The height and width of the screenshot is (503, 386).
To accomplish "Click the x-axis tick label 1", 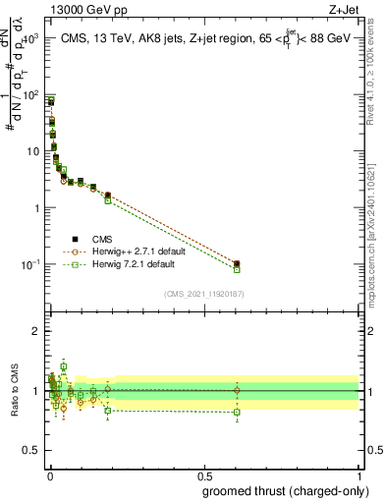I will coord(359,475).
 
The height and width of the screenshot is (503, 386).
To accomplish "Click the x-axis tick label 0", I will coord(48,475).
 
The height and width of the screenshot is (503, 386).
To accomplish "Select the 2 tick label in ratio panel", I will coord(36,331).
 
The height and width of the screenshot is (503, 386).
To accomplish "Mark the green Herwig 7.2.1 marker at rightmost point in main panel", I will coord(237,269).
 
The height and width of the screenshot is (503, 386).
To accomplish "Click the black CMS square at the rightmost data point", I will coord(237,263).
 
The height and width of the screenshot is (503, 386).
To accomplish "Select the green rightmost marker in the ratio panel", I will coord(237,412).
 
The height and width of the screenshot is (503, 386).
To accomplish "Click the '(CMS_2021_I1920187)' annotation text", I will coord(203,293).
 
